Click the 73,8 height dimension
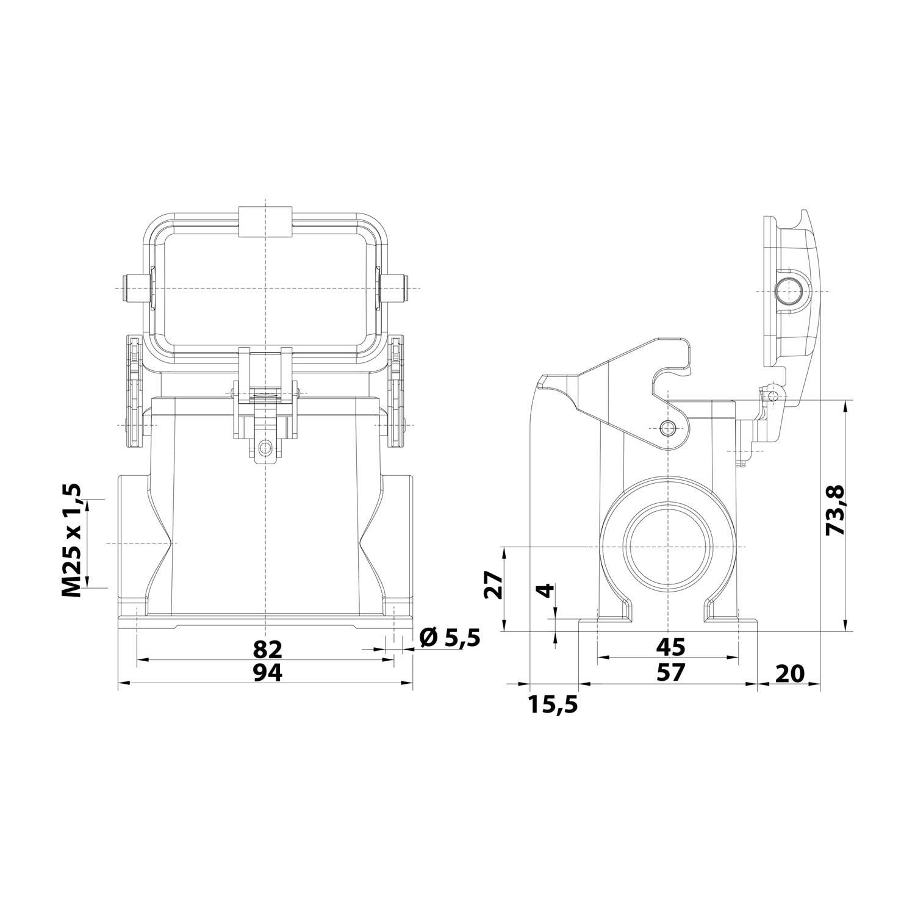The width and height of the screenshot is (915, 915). (x=834, y=510)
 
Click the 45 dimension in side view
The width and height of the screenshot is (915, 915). (x=669, y=646)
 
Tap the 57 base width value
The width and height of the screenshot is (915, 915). (x=669, y=672)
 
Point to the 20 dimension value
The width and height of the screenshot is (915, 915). (x=790, y=674)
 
